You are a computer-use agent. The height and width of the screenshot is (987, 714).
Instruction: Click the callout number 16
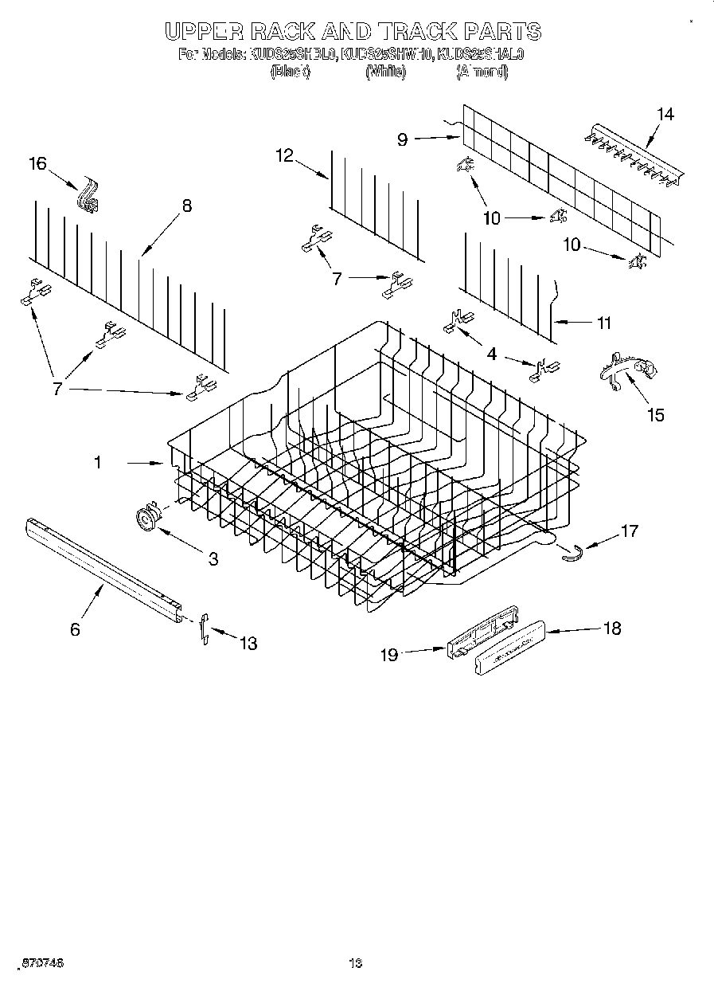tap(38, 164)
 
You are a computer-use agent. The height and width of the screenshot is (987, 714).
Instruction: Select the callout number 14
tap(665, 115)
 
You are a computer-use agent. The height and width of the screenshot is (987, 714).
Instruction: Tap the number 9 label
tap(403, 139)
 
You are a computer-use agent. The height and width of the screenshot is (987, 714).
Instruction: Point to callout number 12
tap(285, 155)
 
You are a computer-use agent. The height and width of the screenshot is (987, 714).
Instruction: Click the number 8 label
tap(186, 206)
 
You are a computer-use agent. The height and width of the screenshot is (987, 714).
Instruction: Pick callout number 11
tap(603, 323)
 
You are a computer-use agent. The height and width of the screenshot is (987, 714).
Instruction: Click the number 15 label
tap(656, 414)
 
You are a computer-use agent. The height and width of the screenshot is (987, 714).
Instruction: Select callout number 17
tap(629, 530)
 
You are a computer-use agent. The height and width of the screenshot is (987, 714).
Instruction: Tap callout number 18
tap(611, 629)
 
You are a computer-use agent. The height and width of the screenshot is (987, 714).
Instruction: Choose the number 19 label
tap(388, 655)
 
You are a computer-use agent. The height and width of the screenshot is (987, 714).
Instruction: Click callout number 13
tap(248, 643)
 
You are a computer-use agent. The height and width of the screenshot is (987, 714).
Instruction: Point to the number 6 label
tap(75, 629)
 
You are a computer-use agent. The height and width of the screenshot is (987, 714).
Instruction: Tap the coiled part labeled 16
tap(87, 198)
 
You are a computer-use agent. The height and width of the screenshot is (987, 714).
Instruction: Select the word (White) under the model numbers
tap(386, 72)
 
